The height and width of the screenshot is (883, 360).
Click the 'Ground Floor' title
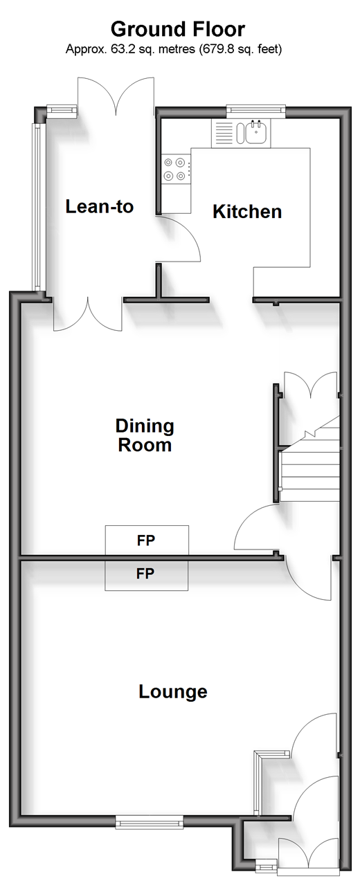pyautogui.click(x=178, y=30)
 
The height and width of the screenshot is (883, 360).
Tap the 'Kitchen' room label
pyautogui.click(x=247, y=212)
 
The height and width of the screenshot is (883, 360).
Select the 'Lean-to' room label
pyautogui.click(x=100, y=206)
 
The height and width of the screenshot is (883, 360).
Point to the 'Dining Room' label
pyautogui.click(x=145, y=435)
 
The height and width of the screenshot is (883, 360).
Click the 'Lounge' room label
pyautogui.click(x=172, y=692)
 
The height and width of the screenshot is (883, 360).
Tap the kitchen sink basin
pyautogui.click(x=258, y=132)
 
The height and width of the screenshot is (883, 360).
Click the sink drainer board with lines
pyautogui.click(x=223, y=133)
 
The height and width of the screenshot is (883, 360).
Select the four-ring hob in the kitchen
pyautogui.click(x=176, y=169)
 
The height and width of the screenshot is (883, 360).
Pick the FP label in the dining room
pyautogui.click(x=146, y=540)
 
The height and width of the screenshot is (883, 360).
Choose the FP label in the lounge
pyautogui.click(x=145, y=574)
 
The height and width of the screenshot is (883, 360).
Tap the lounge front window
pyautogui.click(x=150, y=822)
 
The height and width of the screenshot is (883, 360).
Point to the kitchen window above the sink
pyautogui.click(x=255, y=111)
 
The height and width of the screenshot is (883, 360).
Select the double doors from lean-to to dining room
pyautogui.click(x=87, y=314)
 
